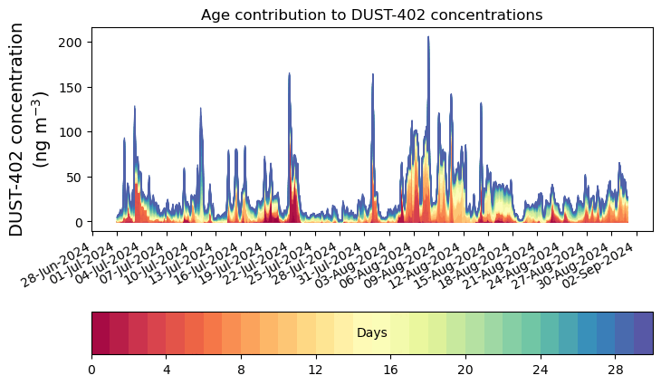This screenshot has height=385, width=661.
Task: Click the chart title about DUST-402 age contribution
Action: click(x=371, y=15)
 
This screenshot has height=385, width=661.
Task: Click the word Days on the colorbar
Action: click(x=371, y=333)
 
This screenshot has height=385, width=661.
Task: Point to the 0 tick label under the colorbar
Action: click(x=91, y=370)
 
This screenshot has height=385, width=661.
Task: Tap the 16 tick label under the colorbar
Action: click(x=391, y=370)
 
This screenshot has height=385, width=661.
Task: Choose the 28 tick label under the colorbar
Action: click(x=616, y=370)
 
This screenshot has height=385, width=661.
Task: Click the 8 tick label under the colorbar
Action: click(x=241, y=370)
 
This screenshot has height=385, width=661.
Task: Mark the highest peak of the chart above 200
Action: click(x=428, y=37)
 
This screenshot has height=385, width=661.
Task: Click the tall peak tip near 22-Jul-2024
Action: click(x=289, y=73)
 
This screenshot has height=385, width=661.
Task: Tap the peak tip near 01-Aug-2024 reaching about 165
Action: click(x=372, y=74)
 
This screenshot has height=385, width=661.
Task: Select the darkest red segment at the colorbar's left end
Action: click(x=101, y=332)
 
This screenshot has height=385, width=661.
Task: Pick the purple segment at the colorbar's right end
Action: click(x=643, y=332)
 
